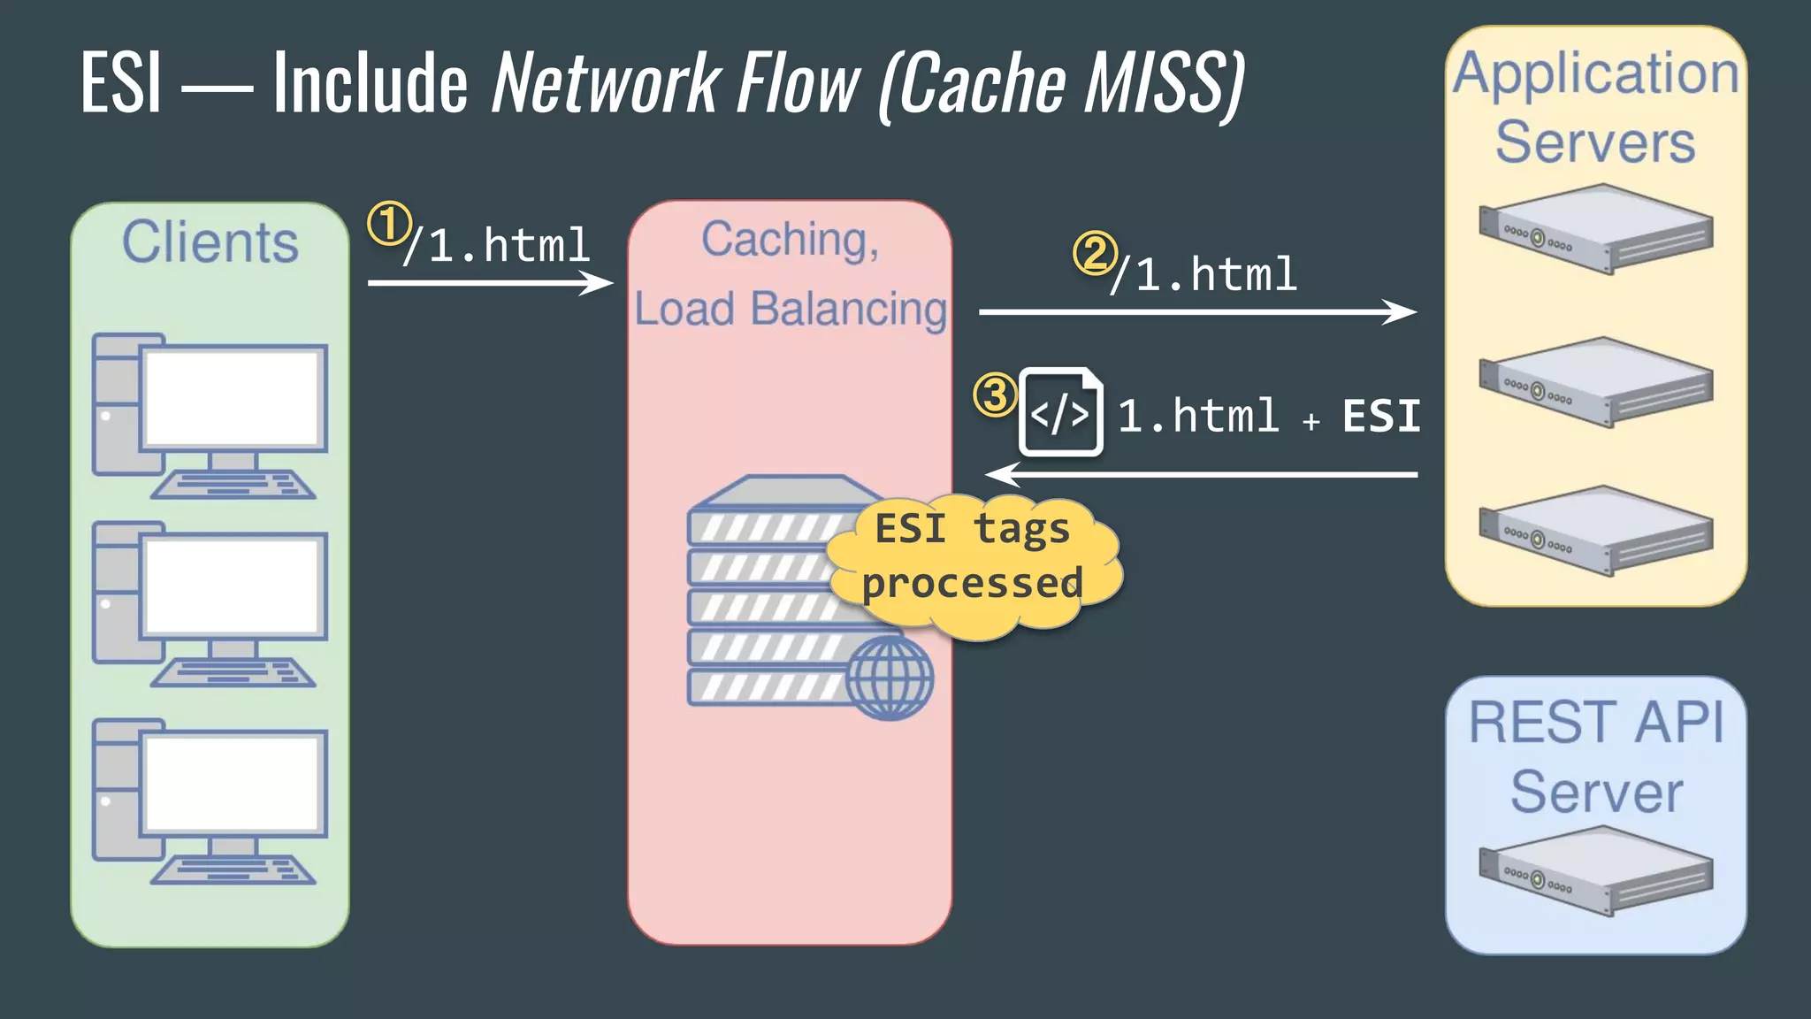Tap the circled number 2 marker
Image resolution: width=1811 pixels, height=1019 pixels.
coord(1095,253)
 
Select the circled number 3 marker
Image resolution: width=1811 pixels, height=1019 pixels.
coord(995,395)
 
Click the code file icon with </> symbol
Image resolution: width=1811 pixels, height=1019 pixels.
coord(1060,412)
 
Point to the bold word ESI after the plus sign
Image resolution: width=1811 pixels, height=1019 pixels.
coord(1380,416)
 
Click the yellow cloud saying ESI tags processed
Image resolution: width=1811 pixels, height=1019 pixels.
coord(973,557)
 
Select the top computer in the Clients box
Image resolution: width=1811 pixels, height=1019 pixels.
coord(210,416)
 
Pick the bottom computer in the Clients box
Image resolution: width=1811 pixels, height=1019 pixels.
coord(210,801)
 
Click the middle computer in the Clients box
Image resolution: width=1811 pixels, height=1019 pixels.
coord(210,604)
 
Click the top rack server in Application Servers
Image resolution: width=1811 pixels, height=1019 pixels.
coord(1595,228)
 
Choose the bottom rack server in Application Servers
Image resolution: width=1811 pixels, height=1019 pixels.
coord(1595,531)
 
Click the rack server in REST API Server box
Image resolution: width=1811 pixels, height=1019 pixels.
coord(1595,870)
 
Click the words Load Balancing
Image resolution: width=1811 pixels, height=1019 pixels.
coord(790,309)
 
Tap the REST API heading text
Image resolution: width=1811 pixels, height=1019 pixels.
coord(1595,723)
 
